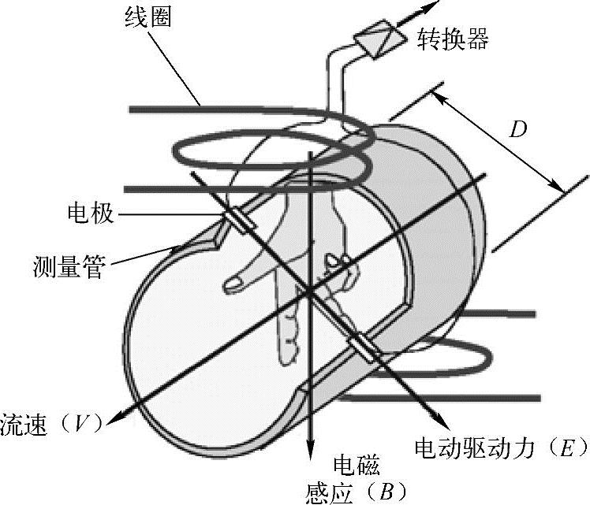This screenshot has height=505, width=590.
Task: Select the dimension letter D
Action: pos(517,129)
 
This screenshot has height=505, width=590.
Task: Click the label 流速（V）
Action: pos(52,423)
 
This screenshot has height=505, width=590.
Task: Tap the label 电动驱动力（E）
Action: pos(501,448)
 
